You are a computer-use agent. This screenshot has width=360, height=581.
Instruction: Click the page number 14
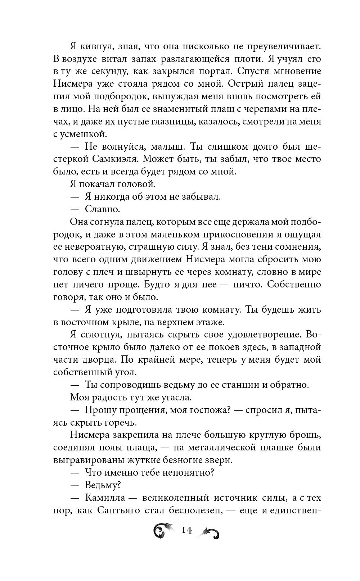tap(187, 530)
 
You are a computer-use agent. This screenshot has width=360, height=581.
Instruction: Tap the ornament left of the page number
tap(164, 531)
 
